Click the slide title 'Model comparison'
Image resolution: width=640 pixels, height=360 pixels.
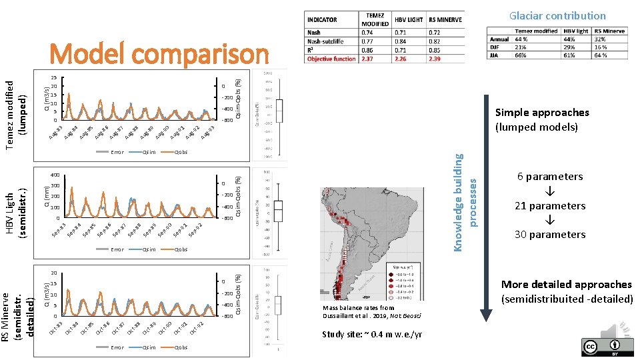(x=159, y=55)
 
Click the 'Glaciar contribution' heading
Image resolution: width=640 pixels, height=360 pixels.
(x=557, y=15)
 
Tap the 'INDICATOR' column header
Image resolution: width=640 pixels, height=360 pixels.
(x=322, y=20)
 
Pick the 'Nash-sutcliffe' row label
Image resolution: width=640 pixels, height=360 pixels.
(x=325, y=41)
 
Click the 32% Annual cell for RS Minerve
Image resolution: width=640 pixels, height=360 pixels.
(x=610, y=39)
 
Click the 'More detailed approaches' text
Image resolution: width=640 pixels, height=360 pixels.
(x=567, y=285)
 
